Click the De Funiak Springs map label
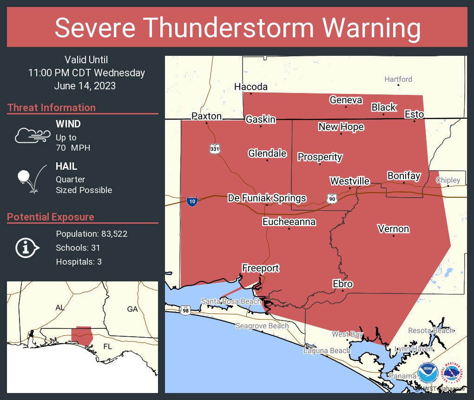(x=267, y=198)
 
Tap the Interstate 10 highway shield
(x=191, y=201)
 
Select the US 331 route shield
(x=214, y=149)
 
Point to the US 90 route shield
(x=331, y=199)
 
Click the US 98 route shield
(x=185, y=310)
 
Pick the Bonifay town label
(x=403, y=176)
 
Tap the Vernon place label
(x=393, y=229)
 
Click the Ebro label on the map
(x=342, y=284)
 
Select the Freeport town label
(x=260, y=268)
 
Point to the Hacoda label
(x=251, y=87)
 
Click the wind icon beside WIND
(x=32, y=135)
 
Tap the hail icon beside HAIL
(x=31, y=178)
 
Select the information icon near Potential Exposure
(x=28, y=247)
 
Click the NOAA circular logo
(x=428, y=373)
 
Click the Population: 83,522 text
(x=92, y=234)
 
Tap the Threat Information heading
(x=52, y=108)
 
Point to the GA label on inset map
(x=132, y=309)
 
